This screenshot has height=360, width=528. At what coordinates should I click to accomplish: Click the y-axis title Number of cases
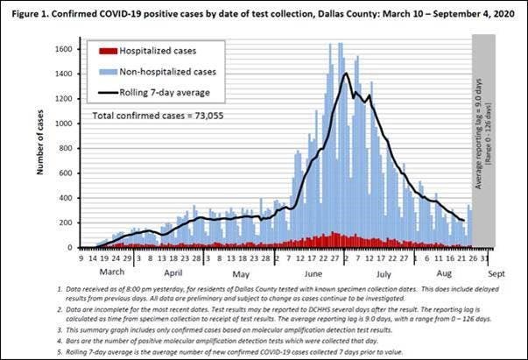click(x=40, y=143)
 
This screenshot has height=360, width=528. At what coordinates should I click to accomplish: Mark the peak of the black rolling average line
click(x=347, y=74)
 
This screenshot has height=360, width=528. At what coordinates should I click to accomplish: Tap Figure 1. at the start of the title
click(x=27, y=10)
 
